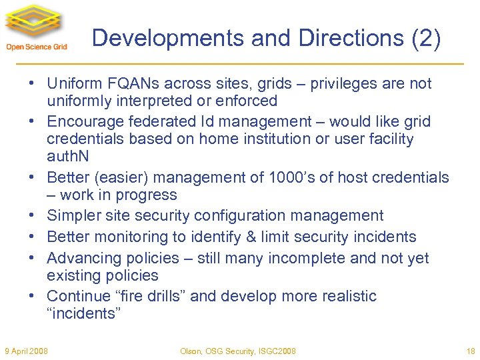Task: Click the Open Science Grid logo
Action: [36, 27]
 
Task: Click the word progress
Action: [149, 195]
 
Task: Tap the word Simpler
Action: [74, 216]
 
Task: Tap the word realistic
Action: [345, 296]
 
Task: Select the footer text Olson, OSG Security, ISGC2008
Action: [239, 351]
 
